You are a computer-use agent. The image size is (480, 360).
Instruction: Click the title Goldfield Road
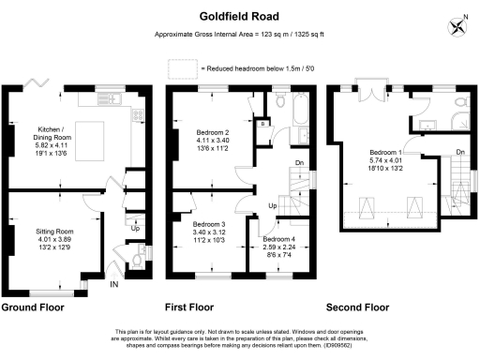(x=240, y=16)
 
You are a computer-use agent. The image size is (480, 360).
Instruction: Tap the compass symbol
(x=457, y=25)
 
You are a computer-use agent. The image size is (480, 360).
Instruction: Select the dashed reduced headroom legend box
(x=182, y=68)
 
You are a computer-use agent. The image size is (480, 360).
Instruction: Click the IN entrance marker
(x=114, y=285)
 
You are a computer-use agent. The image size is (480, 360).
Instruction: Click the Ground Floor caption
(x=32, y=307)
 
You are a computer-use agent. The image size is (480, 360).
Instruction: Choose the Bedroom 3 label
(x=209, y=232)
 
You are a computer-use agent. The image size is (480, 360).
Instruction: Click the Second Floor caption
(x=357, y=307)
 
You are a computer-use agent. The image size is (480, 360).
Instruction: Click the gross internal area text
(x=239, y=36)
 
